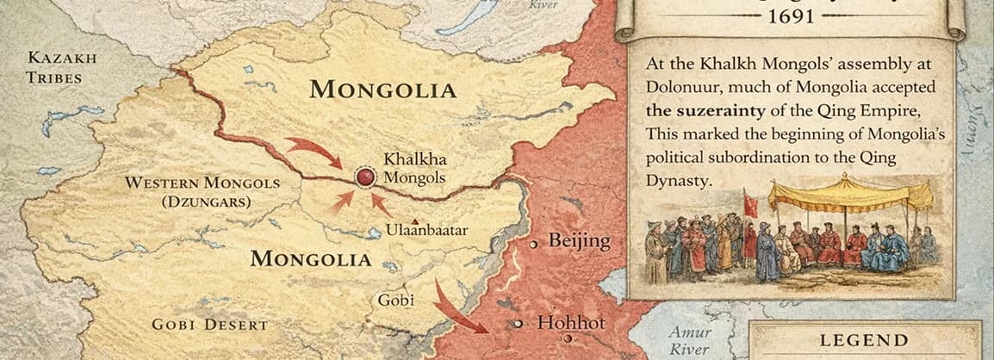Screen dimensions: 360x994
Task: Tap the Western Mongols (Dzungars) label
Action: pyautogui.click(x=202, y=192)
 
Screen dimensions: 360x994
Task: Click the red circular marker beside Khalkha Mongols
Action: pyautogui.click(x=366, y=177)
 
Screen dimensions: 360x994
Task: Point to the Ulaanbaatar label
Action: pyautogui.click(x=427, y=230)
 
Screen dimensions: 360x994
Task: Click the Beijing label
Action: pyautogui.click(x=579, y=241)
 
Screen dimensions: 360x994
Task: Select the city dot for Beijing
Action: pyautogui.click(x=534, y=245)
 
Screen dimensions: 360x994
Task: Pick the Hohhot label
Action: pyautogui.click(x=571, y=324)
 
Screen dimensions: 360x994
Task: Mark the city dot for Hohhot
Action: pyautogui.click(x=518, y=325)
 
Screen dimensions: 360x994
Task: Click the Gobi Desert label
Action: pyautogui.click(x=209, y=325)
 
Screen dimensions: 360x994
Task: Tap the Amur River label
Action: pyautogui.click(x=690, y=341)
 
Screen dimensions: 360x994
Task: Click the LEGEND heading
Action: pyautogui.click(x=863, y=340)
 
